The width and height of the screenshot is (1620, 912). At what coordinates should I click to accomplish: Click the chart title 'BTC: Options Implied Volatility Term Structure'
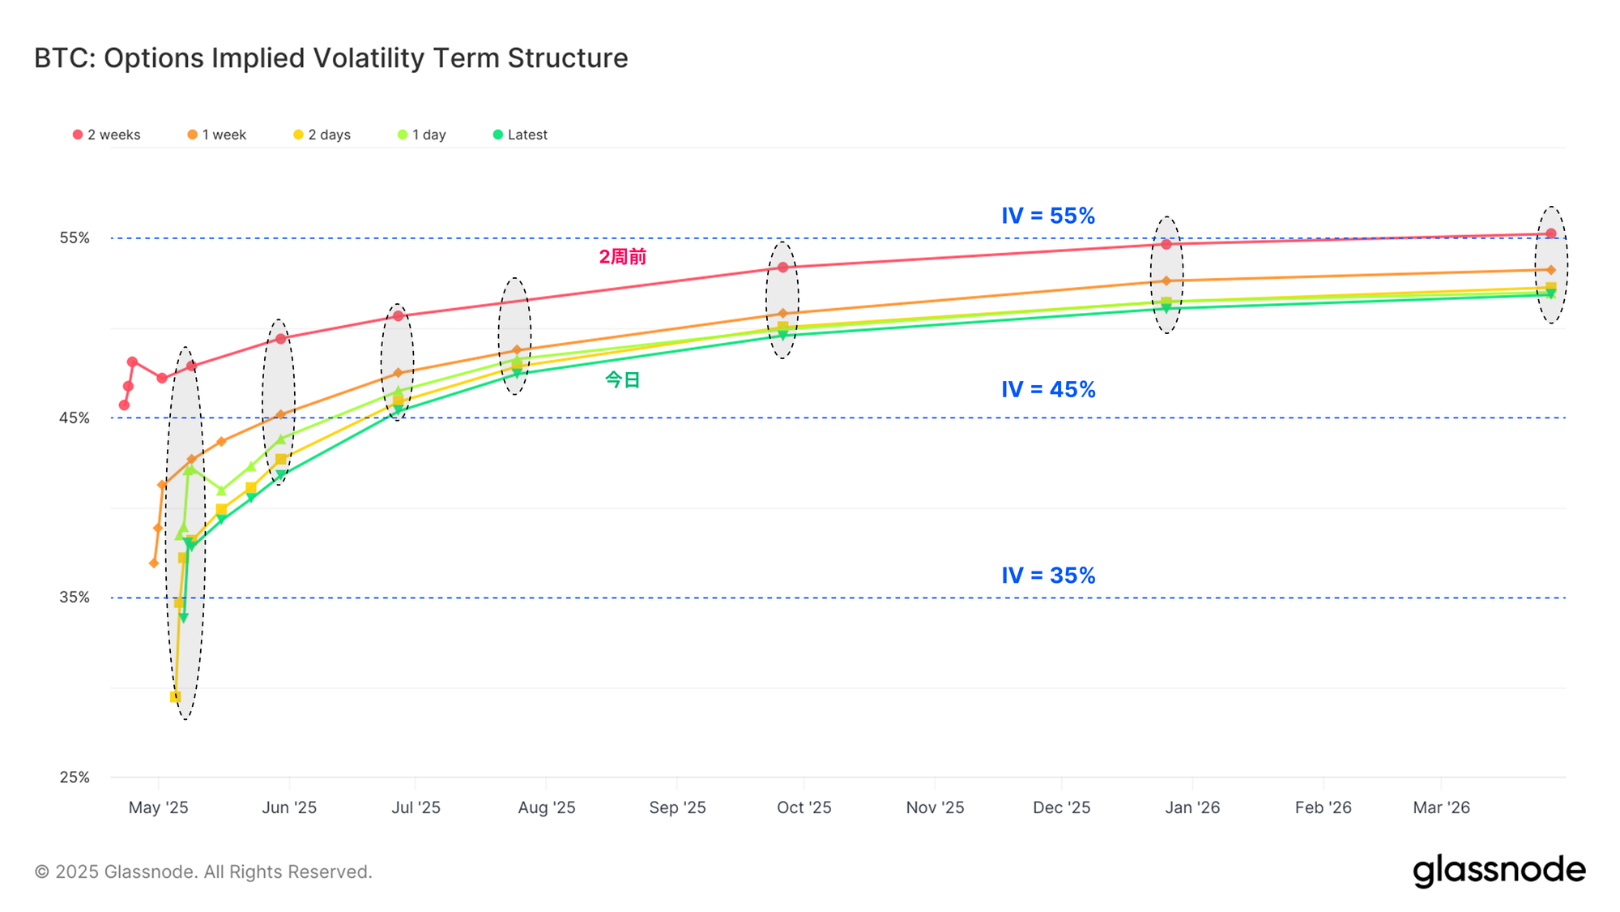(x=330, y=58)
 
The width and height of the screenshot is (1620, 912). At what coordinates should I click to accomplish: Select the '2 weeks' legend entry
(x=107, y=135)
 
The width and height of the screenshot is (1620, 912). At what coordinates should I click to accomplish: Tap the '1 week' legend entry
(x=217, y=135)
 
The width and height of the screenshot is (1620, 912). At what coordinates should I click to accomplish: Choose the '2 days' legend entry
(x=322, y=135)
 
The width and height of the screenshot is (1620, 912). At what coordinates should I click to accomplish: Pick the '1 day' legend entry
(x=422, y=135)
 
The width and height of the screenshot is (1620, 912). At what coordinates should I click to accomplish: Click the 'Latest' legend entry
(x=521, y=135)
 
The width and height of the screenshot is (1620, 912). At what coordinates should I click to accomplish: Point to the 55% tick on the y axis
(x=75, y=238)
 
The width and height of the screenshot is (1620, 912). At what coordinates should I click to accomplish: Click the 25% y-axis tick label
(x=75, y=777)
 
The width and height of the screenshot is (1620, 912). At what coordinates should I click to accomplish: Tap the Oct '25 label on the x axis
(x=804, y=807)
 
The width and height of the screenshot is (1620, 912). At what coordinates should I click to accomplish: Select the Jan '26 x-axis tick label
(x=1192, y=807)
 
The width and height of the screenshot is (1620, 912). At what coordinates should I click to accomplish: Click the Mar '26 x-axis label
(x=1441, y=807)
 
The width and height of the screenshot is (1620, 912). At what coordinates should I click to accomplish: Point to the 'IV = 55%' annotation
(x=1048, y=216)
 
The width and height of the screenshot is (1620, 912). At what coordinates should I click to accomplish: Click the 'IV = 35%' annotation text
(x=1048, y=576)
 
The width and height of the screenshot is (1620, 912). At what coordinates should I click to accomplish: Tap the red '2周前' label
(x=622, y=257)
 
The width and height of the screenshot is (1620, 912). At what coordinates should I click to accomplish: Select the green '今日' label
(x=622, y=379)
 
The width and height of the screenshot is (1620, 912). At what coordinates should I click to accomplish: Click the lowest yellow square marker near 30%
(x=175, y=697)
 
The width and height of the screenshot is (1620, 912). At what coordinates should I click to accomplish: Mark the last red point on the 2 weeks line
(x=1551, y=233)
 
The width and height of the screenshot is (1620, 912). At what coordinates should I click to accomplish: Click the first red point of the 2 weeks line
(x=124, y=405)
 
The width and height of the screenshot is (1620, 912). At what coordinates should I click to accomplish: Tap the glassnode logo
(x=1498, y=871)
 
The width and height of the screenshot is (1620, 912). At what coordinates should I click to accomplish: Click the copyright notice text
(x=203, y=872)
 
